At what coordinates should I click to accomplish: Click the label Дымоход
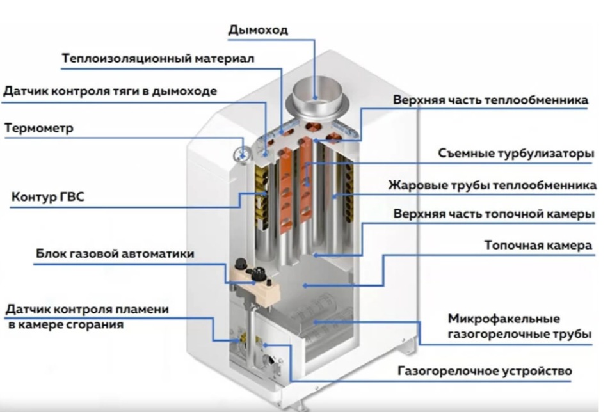tap(258, 30)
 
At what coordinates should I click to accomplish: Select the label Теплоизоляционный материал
tap(158, 59)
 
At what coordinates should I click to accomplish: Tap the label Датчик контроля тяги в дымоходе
tap(110, 91)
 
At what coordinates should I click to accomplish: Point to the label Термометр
tap(39, 128)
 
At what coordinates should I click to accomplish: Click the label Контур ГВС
tap(48, 196)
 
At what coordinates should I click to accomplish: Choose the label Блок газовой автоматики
tap(115, 253)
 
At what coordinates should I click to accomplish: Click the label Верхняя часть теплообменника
tap(490, 100)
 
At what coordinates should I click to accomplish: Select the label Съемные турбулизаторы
tap(517, 153)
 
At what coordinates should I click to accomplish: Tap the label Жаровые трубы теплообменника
tap(492, 185)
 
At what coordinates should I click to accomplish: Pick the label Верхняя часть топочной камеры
tap(494, 214)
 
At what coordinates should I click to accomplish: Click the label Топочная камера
tap(538, 245)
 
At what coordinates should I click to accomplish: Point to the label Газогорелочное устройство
tap(485, 371)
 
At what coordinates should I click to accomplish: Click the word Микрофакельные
tap(504, 319)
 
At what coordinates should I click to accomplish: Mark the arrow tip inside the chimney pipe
tap(315, 97)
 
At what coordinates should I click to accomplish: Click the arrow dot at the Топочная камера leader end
tap(305, 286)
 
